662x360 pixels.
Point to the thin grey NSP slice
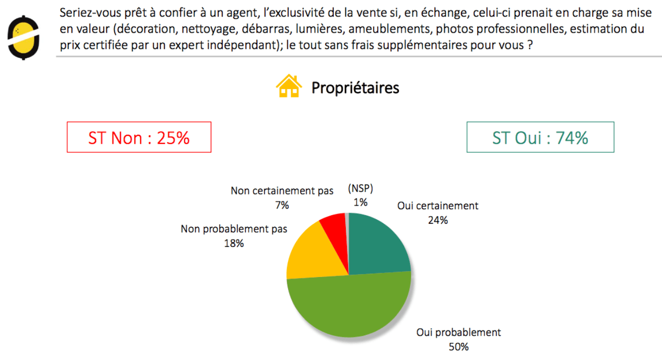point(347,221)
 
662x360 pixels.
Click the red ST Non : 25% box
point(139,137)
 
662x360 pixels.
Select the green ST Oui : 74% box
point(540,137)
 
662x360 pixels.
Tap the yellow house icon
point(289,86)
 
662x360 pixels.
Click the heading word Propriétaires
point(355,87)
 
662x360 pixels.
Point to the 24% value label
point(437,220)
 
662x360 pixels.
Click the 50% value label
point(458,347)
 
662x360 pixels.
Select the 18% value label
point(234,243)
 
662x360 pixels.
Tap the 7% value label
point(282,205)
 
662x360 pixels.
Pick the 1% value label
point(360,203)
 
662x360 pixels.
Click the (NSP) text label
point(360,190)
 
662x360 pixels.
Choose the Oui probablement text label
point(458,333)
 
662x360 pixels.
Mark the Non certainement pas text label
point(282,191)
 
